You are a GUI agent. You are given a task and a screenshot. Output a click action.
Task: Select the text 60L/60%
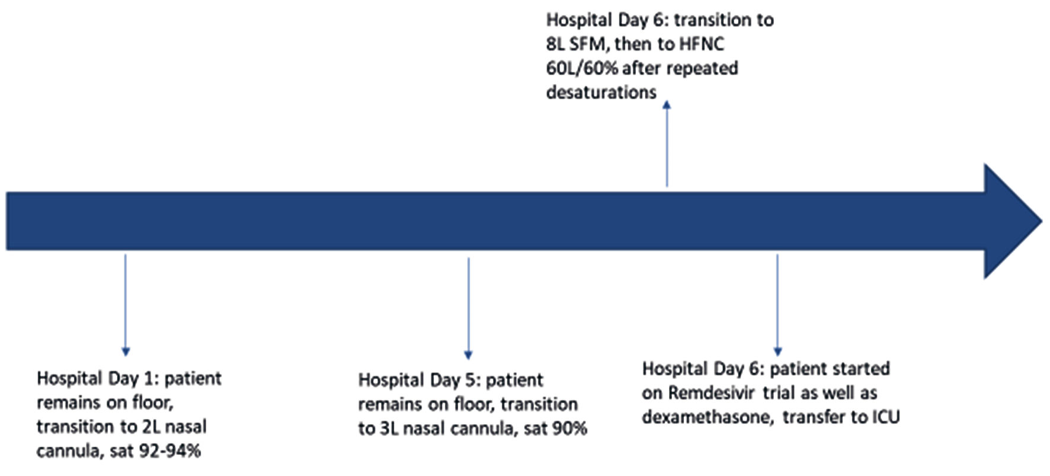[x=581, y=68]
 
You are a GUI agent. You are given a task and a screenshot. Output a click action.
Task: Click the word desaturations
[x=601, y=92]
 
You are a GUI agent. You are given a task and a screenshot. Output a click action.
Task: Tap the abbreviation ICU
[x=886, y=417]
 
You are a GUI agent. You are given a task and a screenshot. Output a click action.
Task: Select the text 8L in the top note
[x=555, y=44]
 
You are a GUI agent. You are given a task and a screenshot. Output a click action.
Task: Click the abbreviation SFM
[x=588, y=44]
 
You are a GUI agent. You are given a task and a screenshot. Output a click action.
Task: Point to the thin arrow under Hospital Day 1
[x=126, y=305]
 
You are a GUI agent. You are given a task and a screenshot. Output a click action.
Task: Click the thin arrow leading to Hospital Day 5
[x=468, y=308]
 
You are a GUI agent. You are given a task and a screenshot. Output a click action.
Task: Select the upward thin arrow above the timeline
[x=667, y=143]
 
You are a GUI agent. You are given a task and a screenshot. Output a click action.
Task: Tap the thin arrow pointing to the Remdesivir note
[x=777, y=305]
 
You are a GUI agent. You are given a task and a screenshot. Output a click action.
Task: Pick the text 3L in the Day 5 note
[x=389, y=429]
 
